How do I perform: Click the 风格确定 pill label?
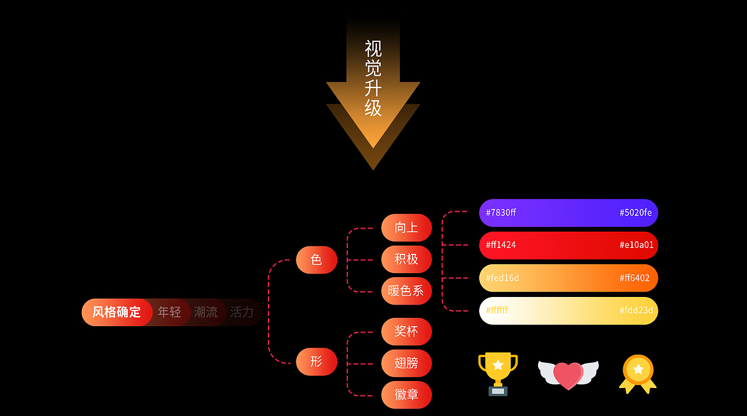coord(117,312)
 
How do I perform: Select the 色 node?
coord(316,260)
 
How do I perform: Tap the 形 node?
coord(316,361)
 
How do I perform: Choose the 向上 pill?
coord(406,228)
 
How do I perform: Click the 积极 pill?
coord(406,259)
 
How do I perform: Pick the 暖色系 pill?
coord(406,291)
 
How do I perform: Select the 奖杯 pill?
coord(406,331)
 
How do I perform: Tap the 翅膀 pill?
coord(406,363)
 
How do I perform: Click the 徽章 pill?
coord(406,394)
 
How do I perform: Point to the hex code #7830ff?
coord(501,212)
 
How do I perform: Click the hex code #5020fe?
coord(636,212)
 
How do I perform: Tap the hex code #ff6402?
coord(634,278)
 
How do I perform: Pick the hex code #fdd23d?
coord(636,310)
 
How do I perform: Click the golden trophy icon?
coord(498,373)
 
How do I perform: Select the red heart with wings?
coord(568,375)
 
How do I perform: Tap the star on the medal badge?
coord(638,369)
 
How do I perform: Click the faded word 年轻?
coord(169,312)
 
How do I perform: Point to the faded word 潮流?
coord(205,312)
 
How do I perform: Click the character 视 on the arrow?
coord(373,48)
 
